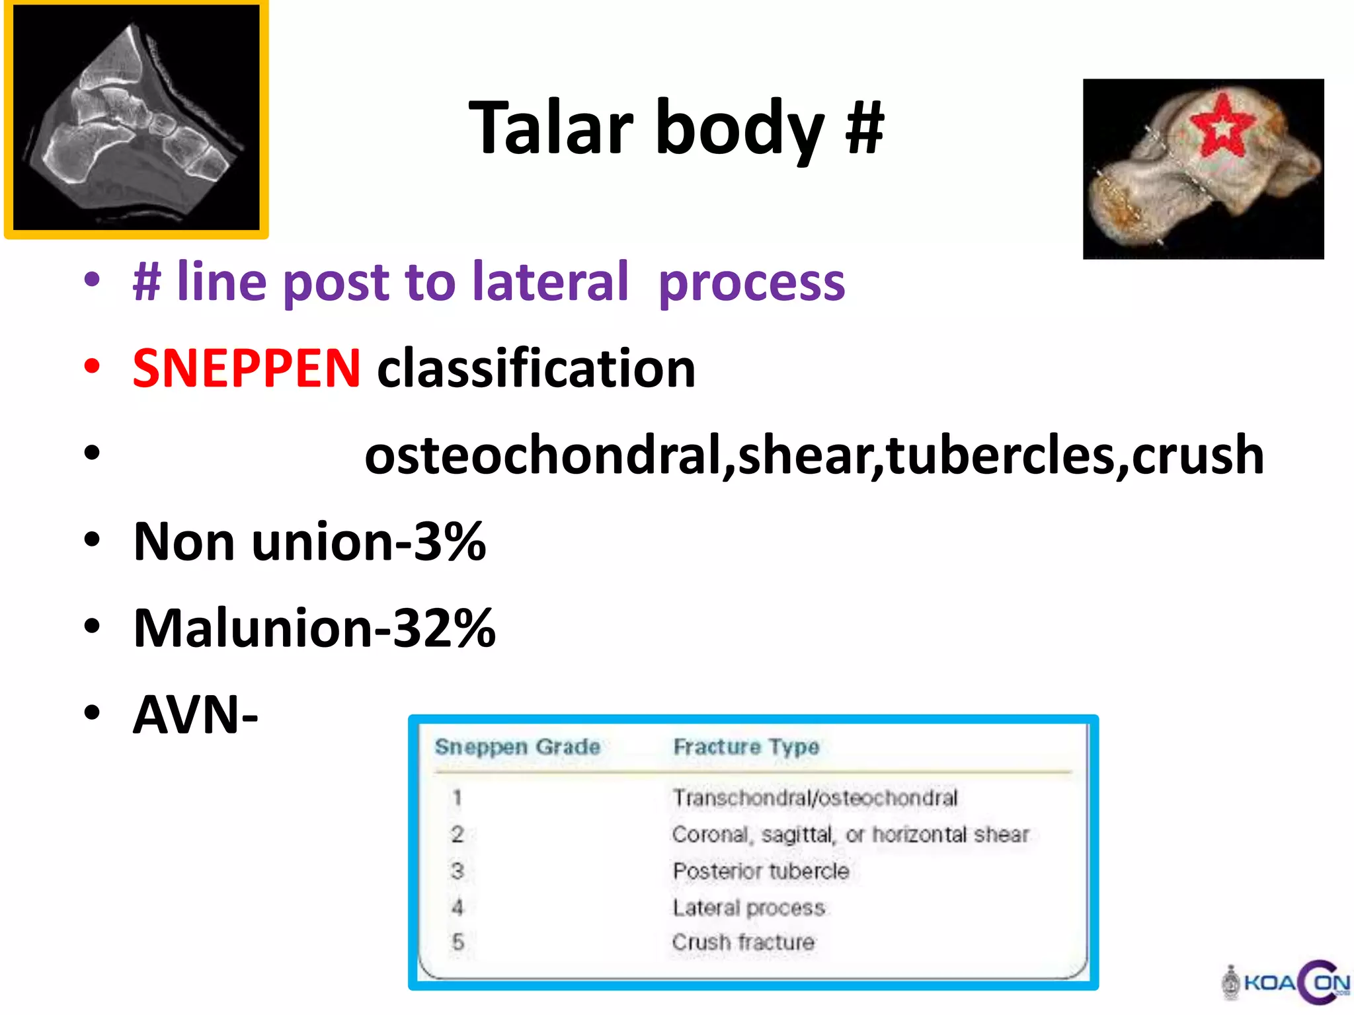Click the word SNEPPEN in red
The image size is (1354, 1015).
coord(247,368)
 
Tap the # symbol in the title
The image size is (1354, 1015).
coord(864,127)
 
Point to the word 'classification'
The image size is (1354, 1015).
coord(536,368)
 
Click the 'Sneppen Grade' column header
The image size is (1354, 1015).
coord(518,747)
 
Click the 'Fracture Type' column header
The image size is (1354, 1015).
coord(746,747)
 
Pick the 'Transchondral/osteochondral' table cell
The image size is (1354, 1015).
coord(815,798)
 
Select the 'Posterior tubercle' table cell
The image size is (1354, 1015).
coord(760,871)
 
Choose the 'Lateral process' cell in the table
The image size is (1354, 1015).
coord(748,907)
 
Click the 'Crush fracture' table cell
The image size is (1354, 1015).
coord(743,942)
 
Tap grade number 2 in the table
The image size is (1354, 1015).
coord(458,834)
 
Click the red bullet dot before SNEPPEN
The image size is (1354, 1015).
coord(92,367)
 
